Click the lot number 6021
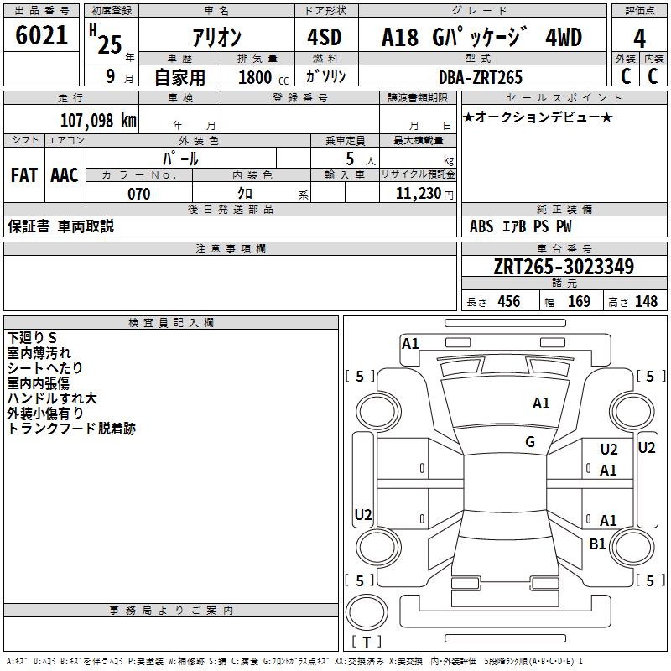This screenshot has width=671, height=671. coord(42,36)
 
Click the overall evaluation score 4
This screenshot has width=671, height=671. coord(640,39)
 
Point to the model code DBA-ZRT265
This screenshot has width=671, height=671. coord(481,77)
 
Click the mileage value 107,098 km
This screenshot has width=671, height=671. coord(97,120)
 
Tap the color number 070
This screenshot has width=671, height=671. coord(138,194)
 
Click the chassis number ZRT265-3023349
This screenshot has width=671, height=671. coord(564,267)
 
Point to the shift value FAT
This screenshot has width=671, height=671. coord(23,175)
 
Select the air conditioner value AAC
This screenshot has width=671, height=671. coord(65,175)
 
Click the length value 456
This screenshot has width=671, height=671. coord(508,302)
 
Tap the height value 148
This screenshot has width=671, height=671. coord(646,302)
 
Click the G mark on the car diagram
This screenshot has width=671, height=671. coord(530,442)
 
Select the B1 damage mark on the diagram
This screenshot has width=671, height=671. coord(597,544)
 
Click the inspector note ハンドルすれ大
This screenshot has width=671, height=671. coord(52,398)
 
